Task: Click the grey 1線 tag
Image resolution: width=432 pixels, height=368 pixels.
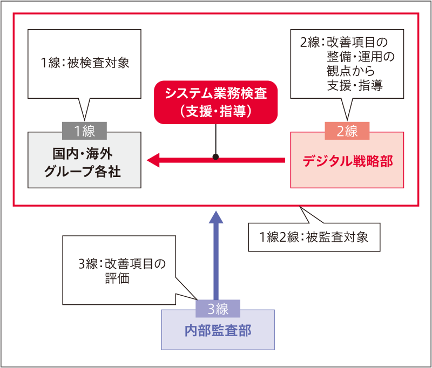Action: tap(85, 131)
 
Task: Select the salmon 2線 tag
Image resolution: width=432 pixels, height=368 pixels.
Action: tap(347, 131)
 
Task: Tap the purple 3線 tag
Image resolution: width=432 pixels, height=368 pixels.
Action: tap(218, 309)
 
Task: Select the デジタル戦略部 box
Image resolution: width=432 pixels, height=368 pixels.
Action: tap(347, 161)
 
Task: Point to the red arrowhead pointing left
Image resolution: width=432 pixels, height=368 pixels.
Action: tap(153, 160)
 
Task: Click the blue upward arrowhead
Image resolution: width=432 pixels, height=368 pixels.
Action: tap(216, 217)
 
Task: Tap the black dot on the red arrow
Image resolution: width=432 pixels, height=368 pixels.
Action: tap(216, 158)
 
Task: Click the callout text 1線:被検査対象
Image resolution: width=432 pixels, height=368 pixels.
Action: tap(85, 63)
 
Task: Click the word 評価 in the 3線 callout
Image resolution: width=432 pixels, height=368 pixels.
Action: tap(117, 280)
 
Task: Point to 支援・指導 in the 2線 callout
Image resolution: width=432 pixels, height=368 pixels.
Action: tap(355, 85)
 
